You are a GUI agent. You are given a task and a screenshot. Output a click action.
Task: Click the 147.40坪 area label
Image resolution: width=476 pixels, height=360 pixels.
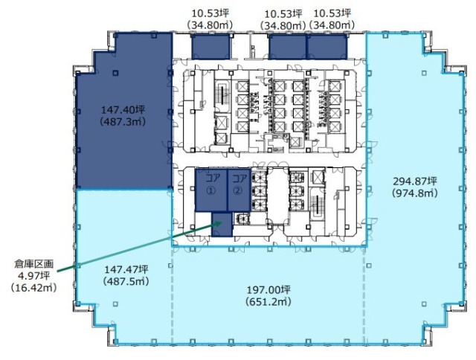[123, 109]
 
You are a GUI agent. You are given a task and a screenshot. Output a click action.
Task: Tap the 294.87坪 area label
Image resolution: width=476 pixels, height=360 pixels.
[415, 181]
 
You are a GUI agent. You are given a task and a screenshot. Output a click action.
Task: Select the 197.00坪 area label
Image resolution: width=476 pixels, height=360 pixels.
[268, 290]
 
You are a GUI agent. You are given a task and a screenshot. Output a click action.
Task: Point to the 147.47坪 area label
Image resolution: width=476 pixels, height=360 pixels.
[126, 269]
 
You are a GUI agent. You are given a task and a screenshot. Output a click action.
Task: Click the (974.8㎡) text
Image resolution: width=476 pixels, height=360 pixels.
[415, 193]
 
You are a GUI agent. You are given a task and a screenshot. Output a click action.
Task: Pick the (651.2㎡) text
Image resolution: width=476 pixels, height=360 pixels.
[268, 302]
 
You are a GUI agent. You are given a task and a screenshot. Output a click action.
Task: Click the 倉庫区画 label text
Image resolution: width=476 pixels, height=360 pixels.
[33, 264]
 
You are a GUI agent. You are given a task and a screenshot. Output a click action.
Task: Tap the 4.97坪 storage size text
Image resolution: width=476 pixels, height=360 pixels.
[33, 276]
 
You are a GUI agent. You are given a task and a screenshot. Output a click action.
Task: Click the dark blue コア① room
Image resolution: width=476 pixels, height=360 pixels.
[211, 190]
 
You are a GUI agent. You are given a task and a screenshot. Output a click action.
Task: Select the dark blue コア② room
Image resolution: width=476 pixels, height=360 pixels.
[239, 190]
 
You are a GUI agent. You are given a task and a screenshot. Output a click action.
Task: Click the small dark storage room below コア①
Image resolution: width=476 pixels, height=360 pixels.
[222, 225]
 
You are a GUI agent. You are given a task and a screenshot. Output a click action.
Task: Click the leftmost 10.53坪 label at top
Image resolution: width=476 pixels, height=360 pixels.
[210, 13]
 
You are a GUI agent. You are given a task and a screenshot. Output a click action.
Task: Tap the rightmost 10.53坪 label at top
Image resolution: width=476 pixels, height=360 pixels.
[332, 13]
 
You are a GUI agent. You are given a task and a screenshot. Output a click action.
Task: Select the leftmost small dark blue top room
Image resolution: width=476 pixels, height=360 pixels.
[210, 46]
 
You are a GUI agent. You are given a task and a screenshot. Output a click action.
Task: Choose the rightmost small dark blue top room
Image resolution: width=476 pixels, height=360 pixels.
[327, 47]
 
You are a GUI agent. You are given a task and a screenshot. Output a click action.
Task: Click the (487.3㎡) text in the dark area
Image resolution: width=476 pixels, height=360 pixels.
[123, 121]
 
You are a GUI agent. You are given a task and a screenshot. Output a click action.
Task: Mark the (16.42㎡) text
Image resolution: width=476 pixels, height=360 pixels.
[33, 287]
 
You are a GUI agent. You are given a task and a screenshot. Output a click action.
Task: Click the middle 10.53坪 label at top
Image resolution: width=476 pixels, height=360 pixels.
[283, 14]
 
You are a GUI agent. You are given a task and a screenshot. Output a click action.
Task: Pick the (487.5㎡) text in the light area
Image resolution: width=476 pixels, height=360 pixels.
[126, 281]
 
